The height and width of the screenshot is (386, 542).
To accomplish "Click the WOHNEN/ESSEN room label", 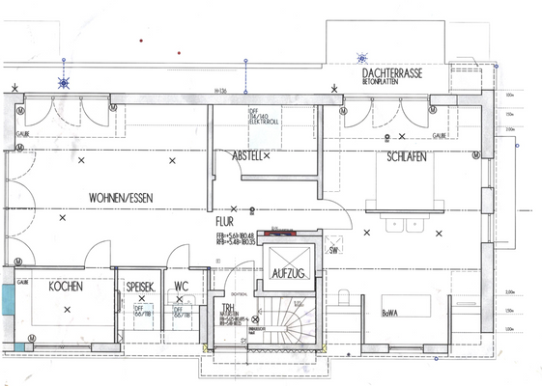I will pyautogui.click(x=121, y=197).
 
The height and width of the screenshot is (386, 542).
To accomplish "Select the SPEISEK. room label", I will pyautogui.click(x=141, y=287).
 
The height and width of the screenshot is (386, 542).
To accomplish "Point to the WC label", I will pyautogui.click(x=181, y=287).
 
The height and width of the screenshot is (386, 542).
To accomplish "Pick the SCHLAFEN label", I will pyautogui.click(x=406, y=156).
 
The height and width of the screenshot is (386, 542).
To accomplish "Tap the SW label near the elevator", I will pyautogui.click(x=333, y=250).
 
